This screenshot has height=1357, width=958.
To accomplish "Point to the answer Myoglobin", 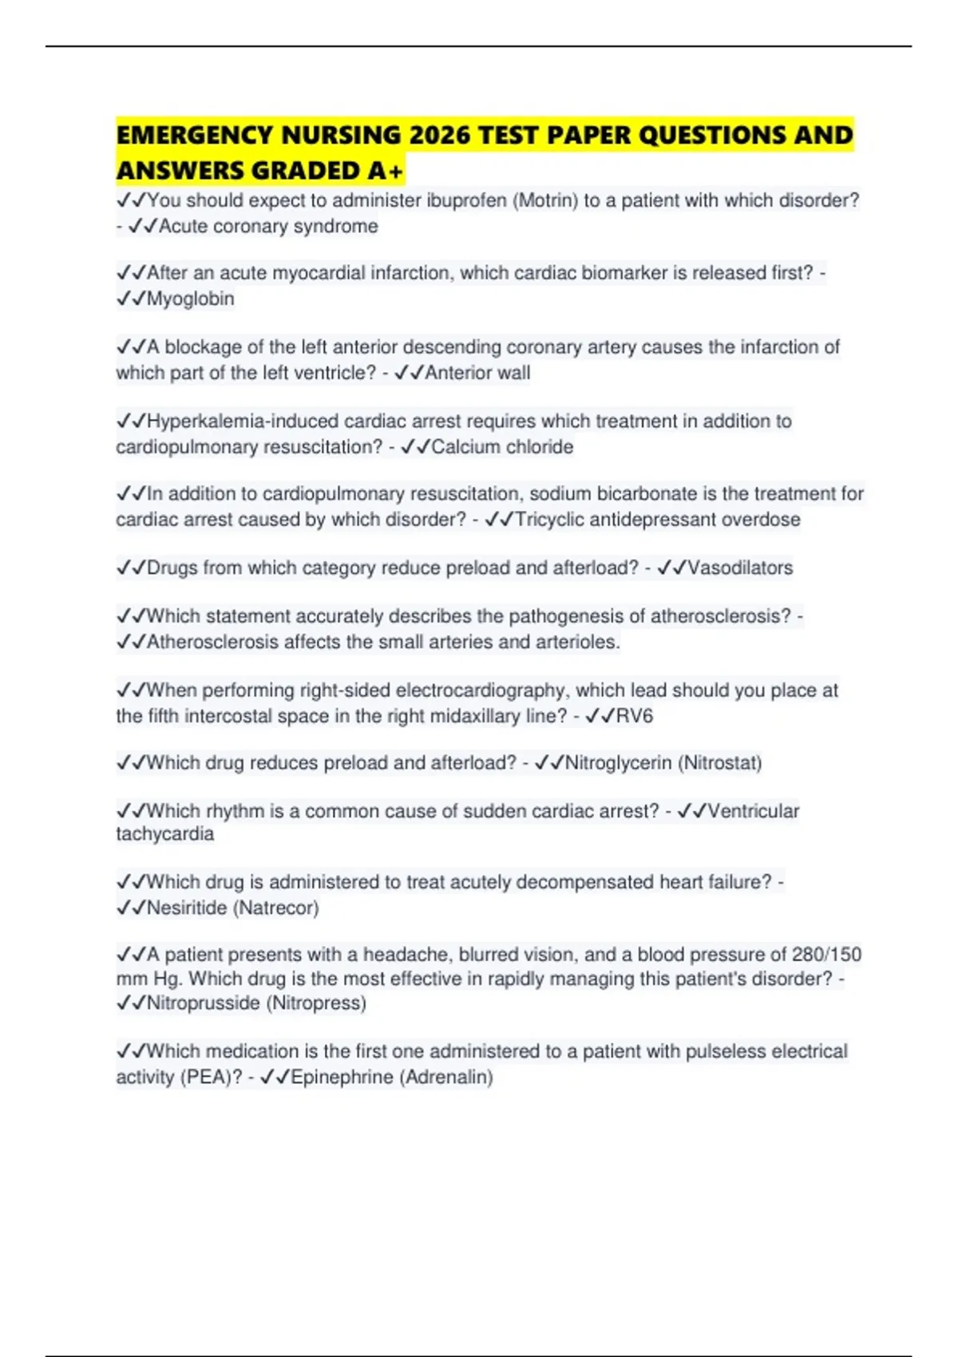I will click(190, 299).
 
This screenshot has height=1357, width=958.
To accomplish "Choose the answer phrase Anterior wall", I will click(477, 373).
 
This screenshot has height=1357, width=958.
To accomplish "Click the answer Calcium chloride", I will click(502, 447).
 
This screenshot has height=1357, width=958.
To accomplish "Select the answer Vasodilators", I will click(740, 568).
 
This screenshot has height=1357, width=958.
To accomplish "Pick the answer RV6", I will click(635, 716).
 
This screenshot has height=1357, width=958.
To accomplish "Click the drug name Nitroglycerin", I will click(618, 763).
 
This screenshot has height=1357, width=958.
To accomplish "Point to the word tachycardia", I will click(165, 834).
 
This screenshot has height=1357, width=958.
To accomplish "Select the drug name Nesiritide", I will click(187, 908).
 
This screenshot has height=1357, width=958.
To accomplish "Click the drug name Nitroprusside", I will click(204, 1003).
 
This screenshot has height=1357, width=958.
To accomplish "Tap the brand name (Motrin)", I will click(546, 200).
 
